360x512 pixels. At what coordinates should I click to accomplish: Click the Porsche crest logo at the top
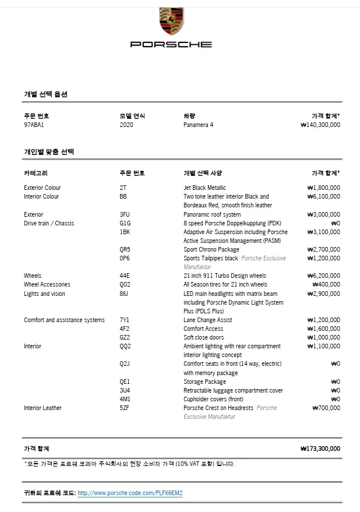coord(171,20)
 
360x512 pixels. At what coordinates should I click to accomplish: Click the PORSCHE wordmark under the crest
coord(171,44)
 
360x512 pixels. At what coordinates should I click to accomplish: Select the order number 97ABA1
coord(34,125)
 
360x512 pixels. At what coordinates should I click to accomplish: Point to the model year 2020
coord(126,125)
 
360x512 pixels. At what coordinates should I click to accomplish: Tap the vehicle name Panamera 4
coord(198,125)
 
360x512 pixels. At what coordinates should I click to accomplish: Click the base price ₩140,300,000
coord(320,125)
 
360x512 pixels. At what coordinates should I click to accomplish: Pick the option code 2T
coord(123,188)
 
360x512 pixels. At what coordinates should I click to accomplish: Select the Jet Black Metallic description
coord(204,188)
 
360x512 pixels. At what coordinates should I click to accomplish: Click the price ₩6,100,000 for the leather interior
coord(323,196)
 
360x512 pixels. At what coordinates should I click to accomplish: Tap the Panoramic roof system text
coord(212,214)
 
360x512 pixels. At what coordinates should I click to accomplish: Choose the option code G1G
coord(125,223)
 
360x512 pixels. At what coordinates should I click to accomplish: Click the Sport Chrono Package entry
coord(211,249)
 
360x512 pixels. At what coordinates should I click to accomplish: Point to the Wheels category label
coord(33,276)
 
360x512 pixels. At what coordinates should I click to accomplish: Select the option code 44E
coord(125,276)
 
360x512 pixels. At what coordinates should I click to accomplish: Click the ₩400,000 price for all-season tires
coord(326,284)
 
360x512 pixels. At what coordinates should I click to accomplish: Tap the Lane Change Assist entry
coord(208,320)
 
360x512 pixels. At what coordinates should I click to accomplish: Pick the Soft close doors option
coord(204,337)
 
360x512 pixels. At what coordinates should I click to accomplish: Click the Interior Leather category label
coord(43,408)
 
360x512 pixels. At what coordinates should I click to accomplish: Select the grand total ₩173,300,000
coord(320,449)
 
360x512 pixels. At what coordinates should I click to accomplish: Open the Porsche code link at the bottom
coord(130,493)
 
